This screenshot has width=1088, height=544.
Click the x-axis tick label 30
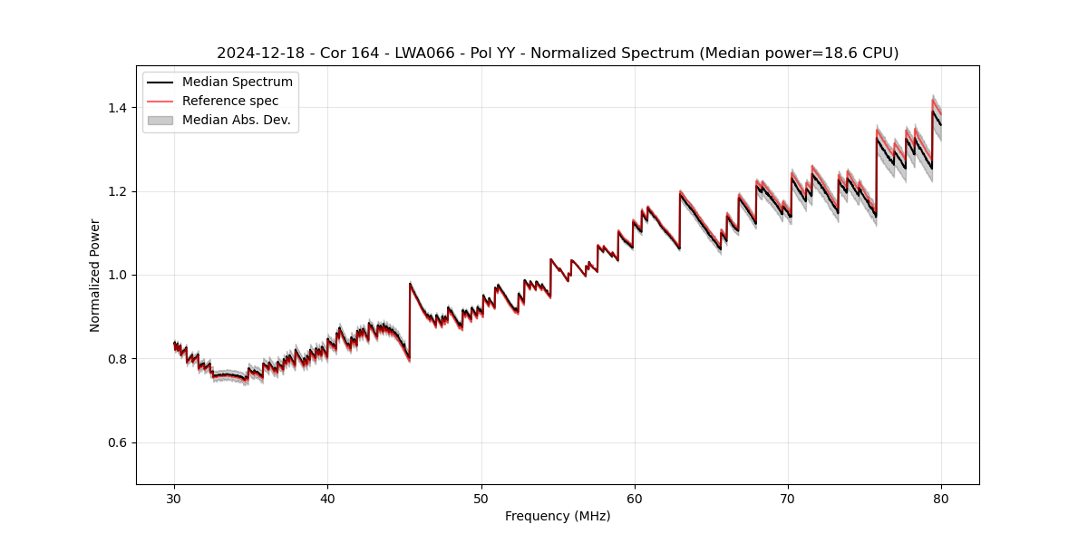(174, 498)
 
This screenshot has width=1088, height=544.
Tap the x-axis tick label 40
(327, 498)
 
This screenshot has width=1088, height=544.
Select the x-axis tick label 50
(481, 498)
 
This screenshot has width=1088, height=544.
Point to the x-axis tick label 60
(635, 498)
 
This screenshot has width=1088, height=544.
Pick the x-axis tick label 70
(788, 498)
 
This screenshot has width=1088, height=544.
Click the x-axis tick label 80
(941, 498)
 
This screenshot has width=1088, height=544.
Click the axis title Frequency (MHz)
(558, 516)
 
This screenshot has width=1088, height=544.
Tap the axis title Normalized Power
(95, 275)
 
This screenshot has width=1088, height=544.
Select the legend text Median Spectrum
(238, 83)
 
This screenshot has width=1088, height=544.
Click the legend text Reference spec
(230, 101)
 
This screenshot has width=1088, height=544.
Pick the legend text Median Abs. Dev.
(237, 120)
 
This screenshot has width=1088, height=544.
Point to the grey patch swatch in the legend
(160, 120)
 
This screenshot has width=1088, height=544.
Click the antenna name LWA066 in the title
(424, 53)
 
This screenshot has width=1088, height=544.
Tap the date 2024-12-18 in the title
(257, 53)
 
